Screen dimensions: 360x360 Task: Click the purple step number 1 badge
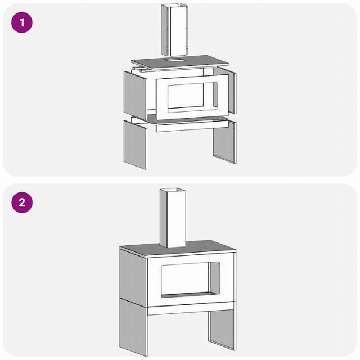tap(22, 22)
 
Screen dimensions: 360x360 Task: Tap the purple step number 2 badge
tap(22, 202)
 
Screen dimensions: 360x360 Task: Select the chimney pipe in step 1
tap(174, 30)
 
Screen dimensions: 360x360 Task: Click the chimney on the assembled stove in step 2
tap(173, 218)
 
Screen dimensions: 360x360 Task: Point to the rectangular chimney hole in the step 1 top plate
tap(174, 60)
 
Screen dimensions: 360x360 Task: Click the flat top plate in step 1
tap(180, 62)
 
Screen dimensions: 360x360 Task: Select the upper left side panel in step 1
tap(135, 95)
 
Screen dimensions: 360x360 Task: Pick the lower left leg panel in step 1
tap(135, 145)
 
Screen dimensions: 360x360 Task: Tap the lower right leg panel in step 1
tap(224, 142)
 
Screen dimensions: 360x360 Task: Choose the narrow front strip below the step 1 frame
tap(192, 126)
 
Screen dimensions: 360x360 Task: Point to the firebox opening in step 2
tap(191, 280)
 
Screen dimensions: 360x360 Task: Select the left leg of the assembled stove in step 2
tap(133, 327)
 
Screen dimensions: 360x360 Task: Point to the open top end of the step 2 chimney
tap(173, 190)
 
